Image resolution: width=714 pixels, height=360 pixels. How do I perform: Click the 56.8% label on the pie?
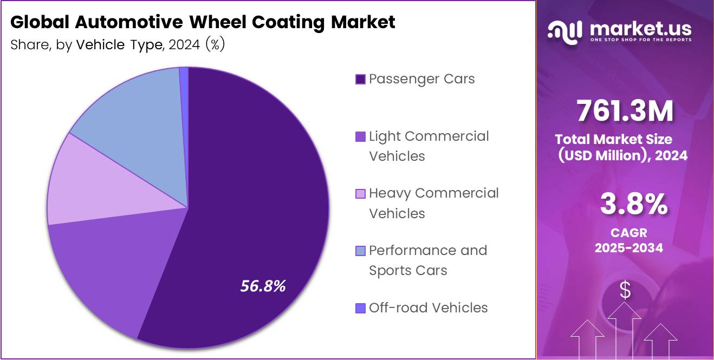263,286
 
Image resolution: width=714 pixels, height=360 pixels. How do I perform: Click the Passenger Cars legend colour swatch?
360,80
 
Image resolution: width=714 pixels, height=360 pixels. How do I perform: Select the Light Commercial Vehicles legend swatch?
360,137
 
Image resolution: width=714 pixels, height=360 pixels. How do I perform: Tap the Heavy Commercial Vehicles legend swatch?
360,194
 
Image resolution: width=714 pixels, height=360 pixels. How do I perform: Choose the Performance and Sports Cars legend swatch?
360,251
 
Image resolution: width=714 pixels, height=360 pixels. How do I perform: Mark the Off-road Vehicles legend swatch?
360,308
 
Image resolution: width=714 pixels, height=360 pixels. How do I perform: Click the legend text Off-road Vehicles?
428,308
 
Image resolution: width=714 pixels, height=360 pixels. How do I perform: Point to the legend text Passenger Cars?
421,79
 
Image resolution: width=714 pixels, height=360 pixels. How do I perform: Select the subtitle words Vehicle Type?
120,45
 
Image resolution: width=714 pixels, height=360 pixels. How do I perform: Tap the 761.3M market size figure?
625,111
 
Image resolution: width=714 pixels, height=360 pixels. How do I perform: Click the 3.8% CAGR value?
633,205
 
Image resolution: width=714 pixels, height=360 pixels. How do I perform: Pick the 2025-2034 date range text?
629,247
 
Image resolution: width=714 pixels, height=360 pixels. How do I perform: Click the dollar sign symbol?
625,291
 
